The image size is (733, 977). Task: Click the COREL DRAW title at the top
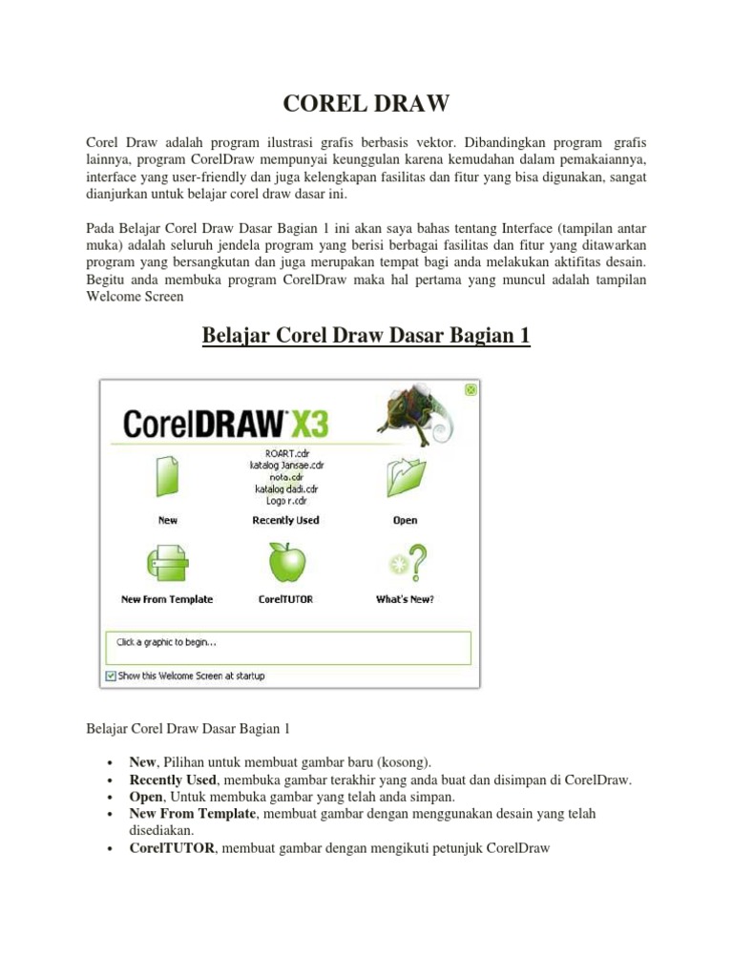(366, 102)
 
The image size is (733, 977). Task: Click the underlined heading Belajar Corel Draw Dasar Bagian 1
(366, 337)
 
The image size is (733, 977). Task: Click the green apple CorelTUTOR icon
(285, 562)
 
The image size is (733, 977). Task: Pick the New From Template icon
(167, 563)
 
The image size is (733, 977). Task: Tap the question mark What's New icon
(405, 562)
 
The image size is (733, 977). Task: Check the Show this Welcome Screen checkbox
(111, 676)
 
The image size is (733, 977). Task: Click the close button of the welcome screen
(471, 389)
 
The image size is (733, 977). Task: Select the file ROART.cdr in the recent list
(285, 453)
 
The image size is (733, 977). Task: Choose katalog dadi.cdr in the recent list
(285, 488)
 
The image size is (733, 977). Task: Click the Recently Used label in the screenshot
(285, 521)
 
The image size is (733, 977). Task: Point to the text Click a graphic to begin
(166, 642)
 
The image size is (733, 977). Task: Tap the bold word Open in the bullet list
(146, 797)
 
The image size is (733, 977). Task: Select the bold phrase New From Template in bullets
(193, 814)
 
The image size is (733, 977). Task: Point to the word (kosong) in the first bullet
(404, 762)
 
